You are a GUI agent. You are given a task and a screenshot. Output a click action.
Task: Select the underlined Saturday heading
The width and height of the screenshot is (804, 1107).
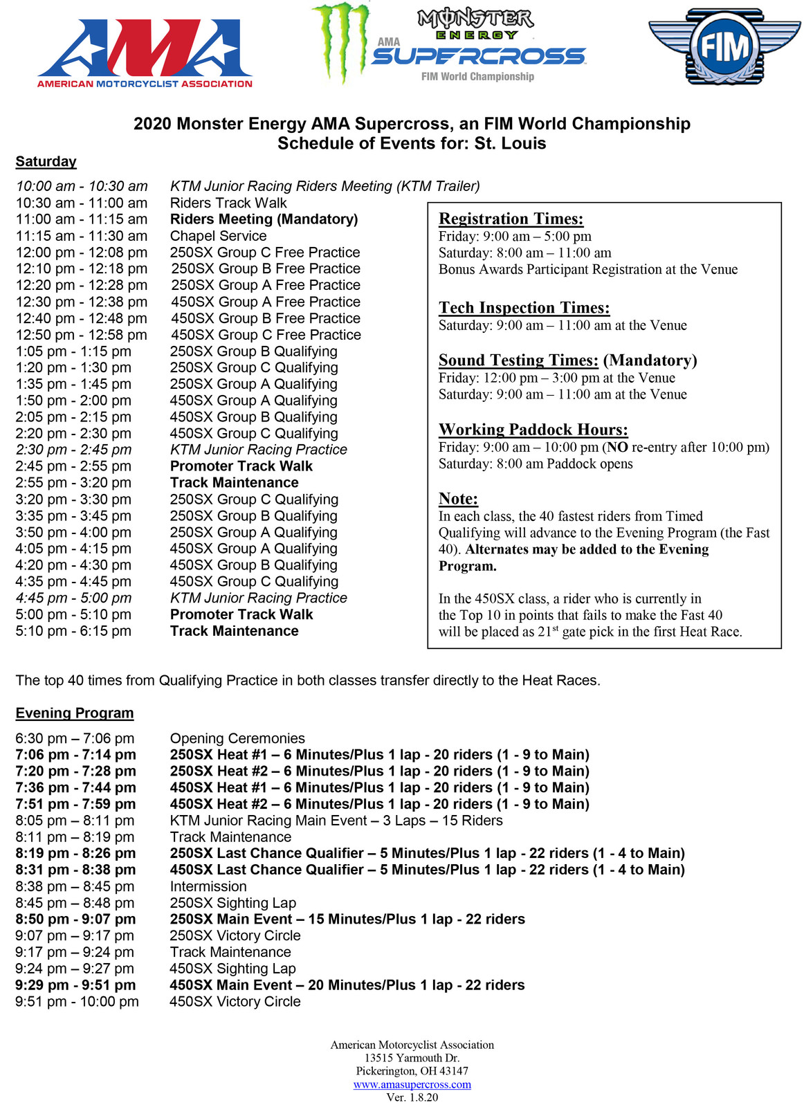46,161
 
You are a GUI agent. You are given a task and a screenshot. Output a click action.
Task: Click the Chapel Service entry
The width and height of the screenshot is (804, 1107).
218,236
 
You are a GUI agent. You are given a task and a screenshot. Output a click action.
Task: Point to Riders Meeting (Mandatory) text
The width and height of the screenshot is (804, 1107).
264,219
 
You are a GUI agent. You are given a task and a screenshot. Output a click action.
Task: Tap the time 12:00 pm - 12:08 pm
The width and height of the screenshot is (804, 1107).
82,253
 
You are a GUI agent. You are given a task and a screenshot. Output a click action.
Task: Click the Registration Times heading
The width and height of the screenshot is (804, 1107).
511,219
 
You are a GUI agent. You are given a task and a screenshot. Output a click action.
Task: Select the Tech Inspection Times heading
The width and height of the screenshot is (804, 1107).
524,308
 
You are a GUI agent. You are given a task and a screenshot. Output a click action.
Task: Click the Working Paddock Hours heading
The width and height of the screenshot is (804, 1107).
533,430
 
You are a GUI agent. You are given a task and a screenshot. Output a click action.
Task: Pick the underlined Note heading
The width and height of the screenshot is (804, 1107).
458,499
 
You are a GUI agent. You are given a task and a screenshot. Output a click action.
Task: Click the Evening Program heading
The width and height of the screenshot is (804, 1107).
75,713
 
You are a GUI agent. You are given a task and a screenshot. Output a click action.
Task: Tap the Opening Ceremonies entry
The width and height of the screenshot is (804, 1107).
237,738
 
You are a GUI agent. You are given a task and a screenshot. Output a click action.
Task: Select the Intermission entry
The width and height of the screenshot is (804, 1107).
208,886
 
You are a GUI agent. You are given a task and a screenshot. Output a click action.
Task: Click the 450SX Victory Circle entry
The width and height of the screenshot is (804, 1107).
235,1001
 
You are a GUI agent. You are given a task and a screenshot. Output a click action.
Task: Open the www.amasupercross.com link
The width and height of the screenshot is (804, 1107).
412,1084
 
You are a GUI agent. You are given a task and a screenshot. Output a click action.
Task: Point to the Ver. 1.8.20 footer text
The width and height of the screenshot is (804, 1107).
412,1097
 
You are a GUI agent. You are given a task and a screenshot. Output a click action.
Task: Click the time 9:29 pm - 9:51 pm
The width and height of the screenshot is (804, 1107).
75,985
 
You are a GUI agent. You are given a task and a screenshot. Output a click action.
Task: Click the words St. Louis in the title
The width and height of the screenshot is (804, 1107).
510,143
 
